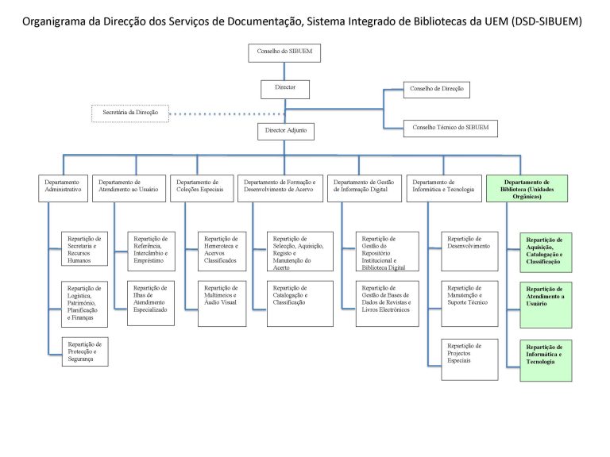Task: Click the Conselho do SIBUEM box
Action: (284, 53)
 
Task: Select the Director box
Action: (285, 90)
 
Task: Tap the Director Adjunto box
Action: (286, 132)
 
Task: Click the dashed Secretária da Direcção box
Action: (130, 113)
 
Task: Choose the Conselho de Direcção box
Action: (437, 90)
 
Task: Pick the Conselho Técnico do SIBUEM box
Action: (450, 129)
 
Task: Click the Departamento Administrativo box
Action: (63, 189)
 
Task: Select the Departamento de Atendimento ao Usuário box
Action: (129, 189)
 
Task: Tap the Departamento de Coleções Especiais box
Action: (202, 189)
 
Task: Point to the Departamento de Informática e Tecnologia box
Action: (443, 189)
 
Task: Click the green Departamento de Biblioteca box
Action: (527, 189)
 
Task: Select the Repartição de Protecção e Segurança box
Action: (85, 351)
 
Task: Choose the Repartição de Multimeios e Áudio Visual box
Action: (222, 304)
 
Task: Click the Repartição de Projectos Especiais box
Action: (469, 359)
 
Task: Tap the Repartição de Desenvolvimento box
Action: (469, 251)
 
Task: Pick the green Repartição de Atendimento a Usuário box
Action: (546, 305)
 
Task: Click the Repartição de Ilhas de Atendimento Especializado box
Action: (151, 303)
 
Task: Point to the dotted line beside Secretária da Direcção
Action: (227, 114)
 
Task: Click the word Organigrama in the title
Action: (54, 21)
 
